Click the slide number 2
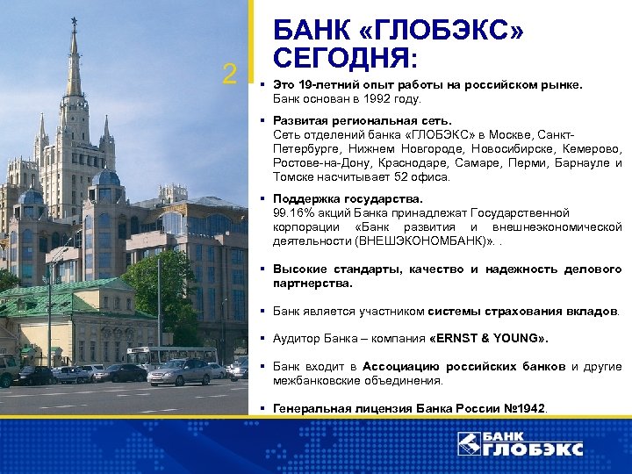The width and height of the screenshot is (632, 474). click(230, 75)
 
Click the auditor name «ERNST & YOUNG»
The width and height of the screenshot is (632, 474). click(489, 338)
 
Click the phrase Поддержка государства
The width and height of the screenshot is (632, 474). click(348, 199)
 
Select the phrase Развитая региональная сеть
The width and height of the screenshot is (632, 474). click(363, 119)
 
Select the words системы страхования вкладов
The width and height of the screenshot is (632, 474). click(523, 311)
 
